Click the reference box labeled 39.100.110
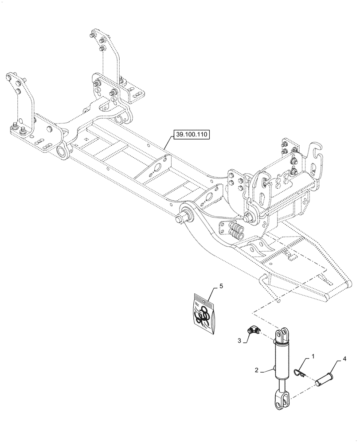(x=192, y=135)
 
